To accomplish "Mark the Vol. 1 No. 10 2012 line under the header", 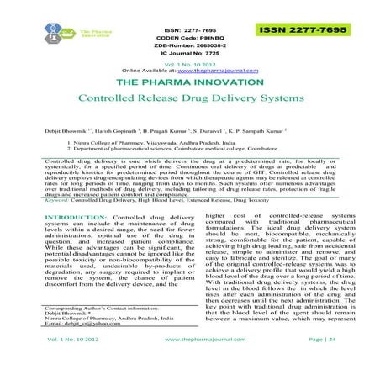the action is pos(189,64).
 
